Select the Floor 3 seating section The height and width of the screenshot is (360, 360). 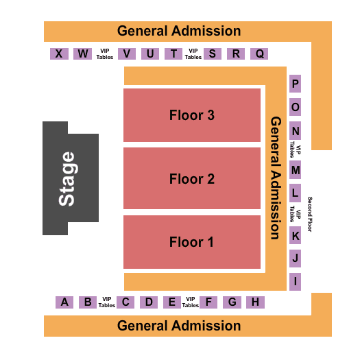[x=192, y=115]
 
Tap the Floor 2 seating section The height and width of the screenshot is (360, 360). [x=192, y=178]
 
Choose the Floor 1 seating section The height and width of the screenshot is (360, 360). [x=192, y=242]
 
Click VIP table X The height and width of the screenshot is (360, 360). [x=59, y=53]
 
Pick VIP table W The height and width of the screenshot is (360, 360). [x=83, y=53]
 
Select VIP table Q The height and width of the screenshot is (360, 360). [x=259, y=53]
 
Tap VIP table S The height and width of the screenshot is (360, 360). [x=213, y=53]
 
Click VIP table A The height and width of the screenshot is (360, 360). [x=64, y=302]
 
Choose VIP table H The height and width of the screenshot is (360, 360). [x=255, y=302]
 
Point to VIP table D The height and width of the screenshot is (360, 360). [x=149, y=302]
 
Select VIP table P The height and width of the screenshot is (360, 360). [x=296, y=84]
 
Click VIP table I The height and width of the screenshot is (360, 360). [x=296, y=282]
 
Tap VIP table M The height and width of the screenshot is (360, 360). [x=296, y=170]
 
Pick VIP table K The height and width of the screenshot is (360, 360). [x=296, y=235]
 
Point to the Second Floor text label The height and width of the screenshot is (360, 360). [x=310, y=214]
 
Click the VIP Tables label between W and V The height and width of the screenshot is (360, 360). [x=105, y=54]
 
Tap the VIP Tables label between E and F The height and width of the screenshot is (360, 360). [x=191, y=302]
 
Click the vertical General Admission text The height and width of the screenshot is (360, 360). [x=276, y=178]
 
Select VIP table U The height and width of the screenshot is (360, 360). [x=150, y=53]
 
